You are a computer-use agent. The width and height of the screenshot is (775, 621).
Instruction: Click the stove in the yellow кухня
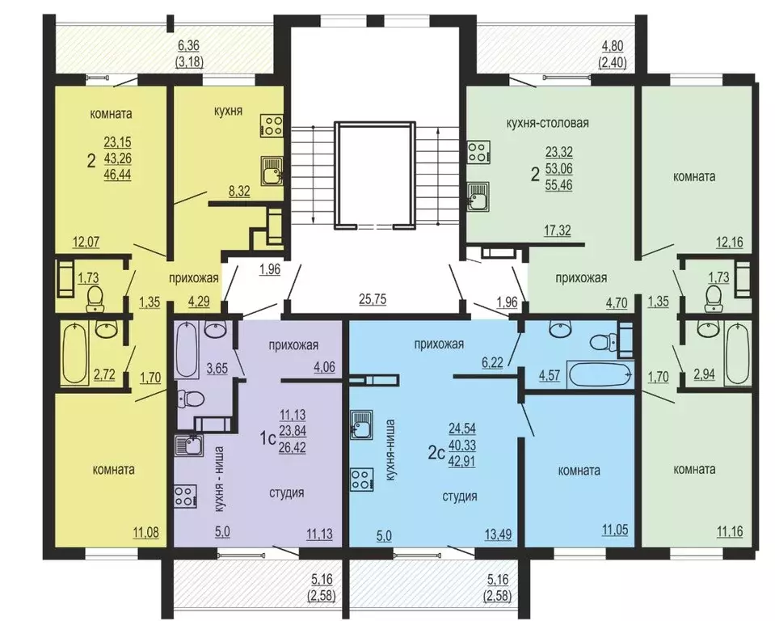click(x=272, y=125)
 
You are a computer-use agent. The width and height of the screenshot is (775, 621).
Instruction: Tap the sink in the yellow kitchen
click(x=272, y=170)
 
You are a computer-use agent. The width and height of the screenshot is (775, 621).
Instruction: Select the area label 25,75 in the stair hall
click(x=373, y=299)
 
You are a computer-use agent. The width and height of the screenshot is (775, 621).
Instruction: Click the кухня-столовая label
click(x=548, y=123)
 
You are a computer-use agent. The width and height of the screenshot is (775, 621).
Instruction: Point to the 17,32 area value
click(x=558, y=230)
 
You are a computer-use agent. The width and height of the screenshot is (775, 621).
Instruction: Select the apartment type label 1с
click(x=267, y=438)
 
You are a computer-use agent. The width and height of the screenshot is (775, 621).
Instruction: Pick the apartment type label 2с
click(x=436, y=453)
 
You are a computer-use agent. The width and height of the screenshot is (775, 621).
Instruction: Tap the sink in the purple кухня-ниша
click(x=189, y=444)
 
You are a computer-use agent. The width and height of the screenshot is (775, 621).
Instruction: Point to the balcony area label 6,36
click(x=188, y=46)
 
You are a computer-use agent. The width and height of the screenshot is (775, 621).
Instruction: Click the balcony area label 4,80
click(x=613, y=46)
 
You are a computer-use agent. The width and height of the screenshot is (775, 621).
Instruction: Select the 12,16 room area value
click(x=730, y=243)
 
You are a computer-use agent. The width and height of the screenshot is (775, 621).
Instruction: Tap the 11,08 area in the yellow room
click(x=145, y=533)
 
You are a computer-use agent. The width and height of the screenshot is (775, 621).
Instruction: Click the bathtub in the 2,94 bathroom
click(x=738, y=353)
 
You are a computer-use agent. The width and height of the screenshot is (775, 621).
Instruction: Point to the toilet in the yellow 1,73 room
click(x=95, y=300)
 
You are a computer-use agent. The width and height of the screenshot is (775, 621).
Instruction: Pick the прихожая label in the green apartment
click(x=581, y=278)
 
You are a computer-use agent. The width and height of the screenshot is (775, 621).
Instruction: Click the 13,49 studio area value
click(x=498, y=534)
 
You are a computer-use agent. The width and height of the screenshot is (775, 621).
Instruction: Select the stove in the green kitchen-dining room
click(x=478, y=152)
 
